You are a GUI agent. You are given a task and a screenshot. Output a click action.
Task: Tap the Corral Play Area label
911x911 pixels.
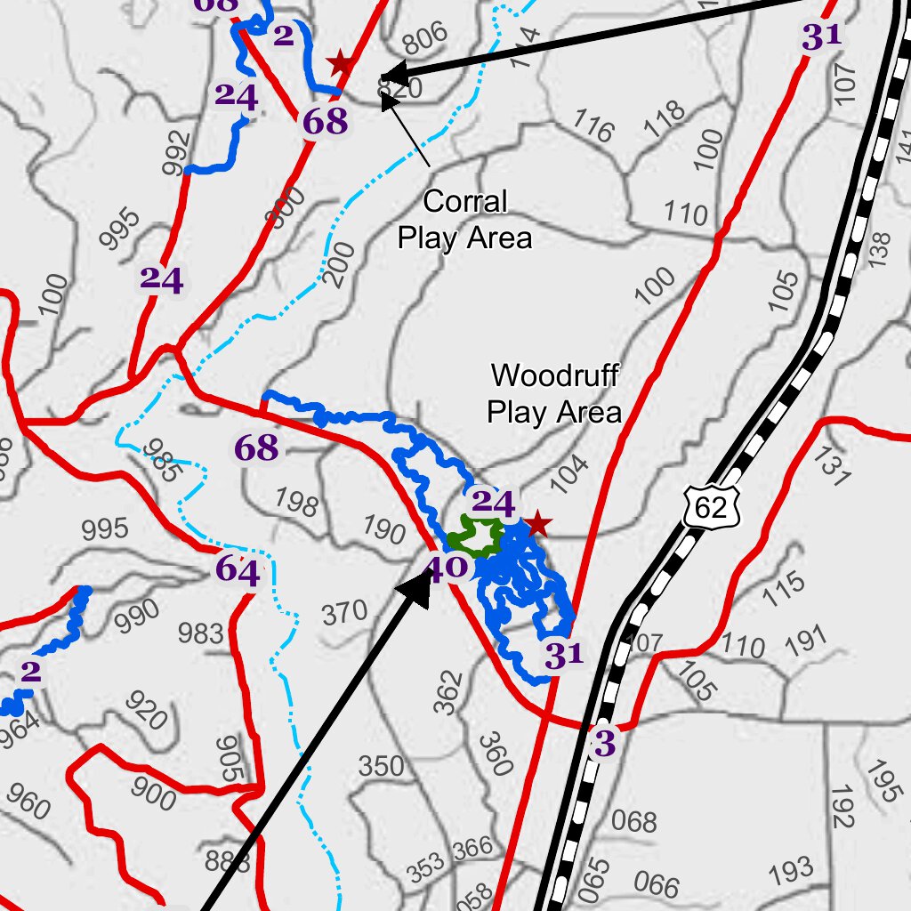464,220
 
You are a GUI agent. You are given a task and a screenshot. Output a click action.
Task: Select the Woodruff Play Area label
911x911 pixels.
554,393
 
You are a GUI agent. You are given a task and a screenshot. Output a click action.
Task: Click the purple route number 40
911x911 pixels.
447,566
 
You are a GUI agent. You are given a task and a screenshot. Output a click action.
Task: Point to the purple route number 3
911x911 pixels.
604,744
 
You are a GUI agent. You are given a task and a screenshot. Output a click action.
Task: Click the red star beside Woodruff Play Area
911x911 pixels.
536,524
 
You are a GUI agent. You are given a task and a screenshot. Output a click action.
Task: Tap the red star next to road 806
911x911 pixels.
339,63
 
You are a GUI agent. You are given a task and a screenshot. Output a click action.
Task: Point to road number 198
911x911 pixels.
296,503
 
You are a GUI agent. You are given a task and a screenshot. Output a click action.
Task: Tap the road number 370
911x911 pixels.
344,612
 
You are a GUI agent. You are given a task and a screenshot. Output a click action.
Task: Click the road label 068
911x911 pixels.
634,820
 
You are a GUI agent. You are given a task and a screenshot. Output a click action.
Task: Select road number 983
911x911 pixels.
200,633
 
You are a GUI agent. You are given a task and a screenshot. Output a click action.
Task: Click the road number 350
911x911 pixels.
381,765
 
